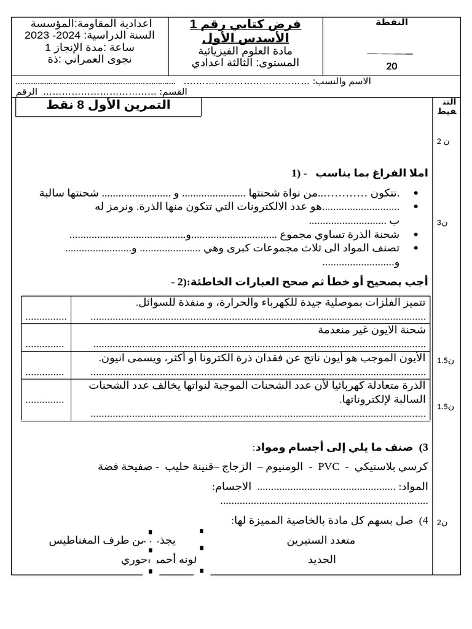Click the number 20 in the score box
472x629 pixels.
click(x=391, y=66)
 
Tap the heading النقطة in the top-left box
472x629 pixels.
click(x=391, y=22)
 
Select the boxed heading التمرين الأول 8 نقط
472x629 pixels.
click(x=109, y=106)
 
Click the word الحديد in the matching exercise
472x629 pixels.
click(x=321, y=560)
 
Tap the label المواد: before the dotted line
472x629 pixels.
click(x=413, y=486)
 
